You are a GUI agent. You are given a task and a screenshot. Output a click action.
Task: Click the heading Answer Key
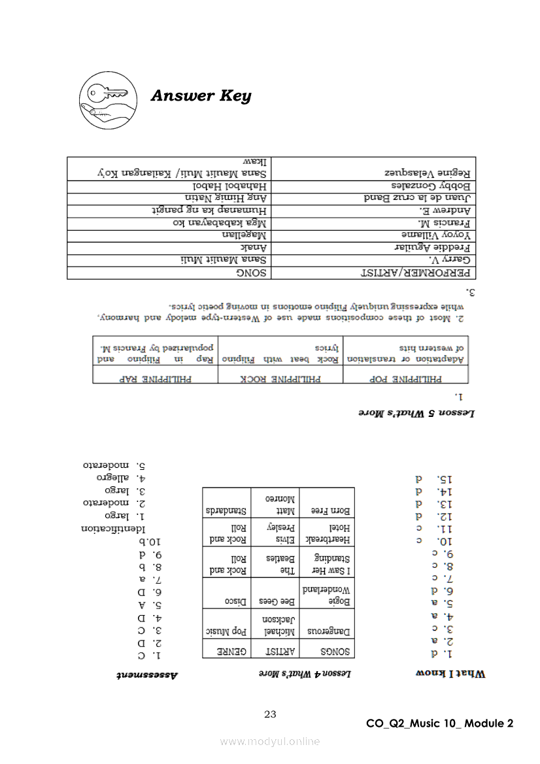pos(201,96)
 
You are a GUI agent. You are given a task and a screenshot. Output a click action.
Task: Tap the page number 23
pos(270,714)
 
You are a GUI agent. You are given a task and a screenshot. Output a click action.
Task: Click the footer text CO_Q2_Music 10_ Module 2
pos(439,723)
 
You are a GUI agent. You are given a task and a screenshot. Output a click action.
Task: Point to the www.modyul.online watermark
pos(270,741)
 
